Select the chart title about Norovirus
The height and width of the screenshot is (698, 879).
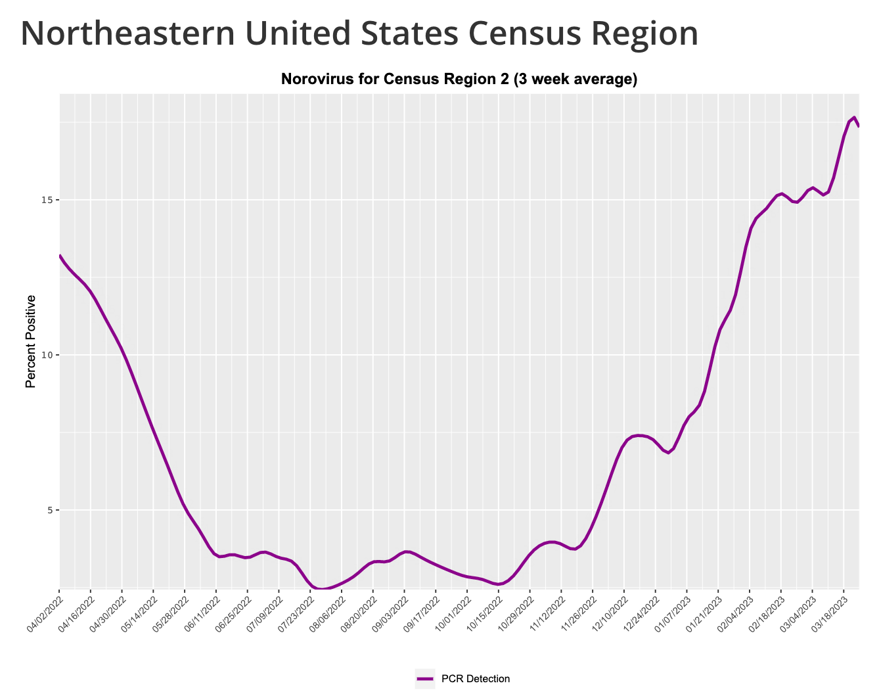(459, 80)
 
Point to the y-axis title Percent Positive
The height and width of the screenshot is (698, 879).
(30, 341)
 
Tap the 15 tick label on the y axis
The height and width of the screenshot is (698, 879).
(47, 200)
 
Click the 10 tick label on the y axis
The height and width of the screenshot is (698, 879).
(47, 355)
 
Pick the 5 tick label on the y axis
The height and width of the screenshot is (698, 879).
(49, 510)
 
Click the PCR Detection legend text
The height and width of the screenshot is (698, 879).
(476, 679)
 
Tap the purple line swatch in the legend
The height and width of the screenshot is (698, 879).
(425, 679)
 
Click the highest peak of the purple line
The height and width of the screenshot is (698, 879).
(854, 118)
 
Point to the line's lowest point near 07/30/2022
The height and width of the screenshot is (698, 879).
(321, 589)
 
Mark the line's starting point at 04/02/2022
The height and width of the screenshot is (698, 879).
(60, 256)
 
